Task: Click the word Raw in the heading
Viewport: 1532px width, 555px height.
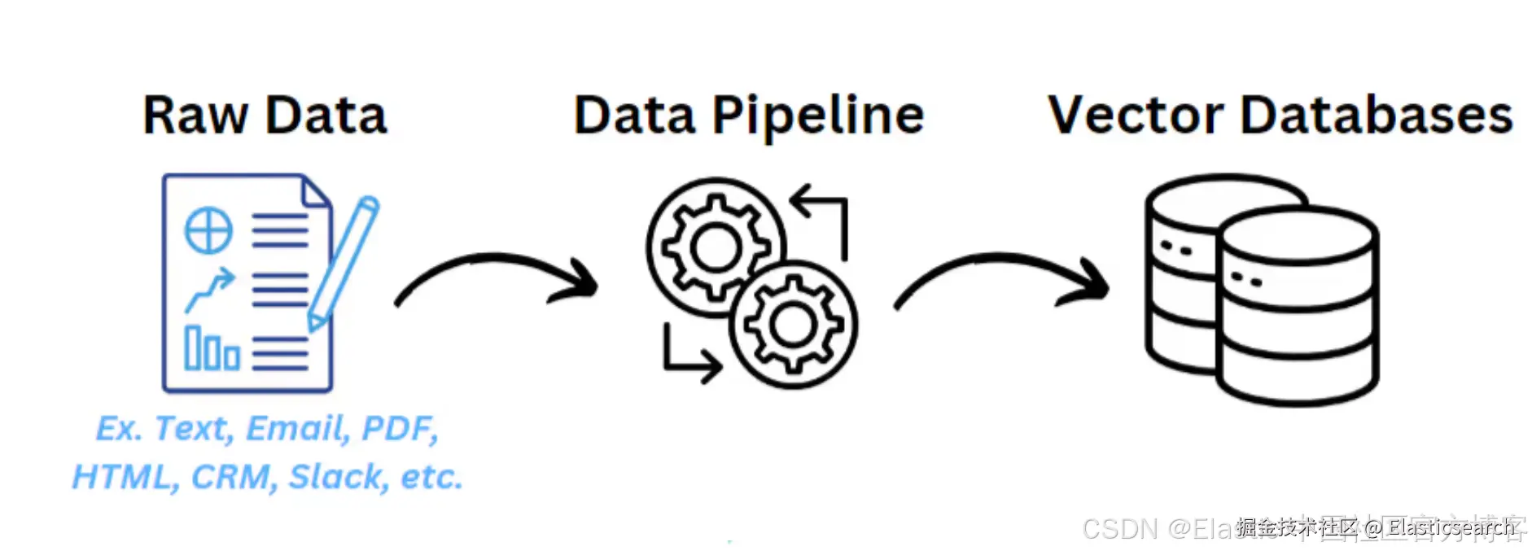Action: point(195,116)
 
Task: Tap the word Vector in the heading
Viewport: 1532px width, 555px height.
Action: point(1136,116)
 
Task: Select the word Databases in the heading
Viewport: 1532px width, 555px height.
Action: point(1376,116)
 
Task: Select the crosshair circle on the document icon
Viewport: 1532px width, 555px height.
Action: point(208,230)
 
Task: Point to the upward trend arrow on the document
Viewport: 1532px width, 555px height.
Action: point(209,289)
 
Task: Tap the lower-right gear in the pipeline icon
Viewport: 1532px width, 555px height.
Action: point(792,324)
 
